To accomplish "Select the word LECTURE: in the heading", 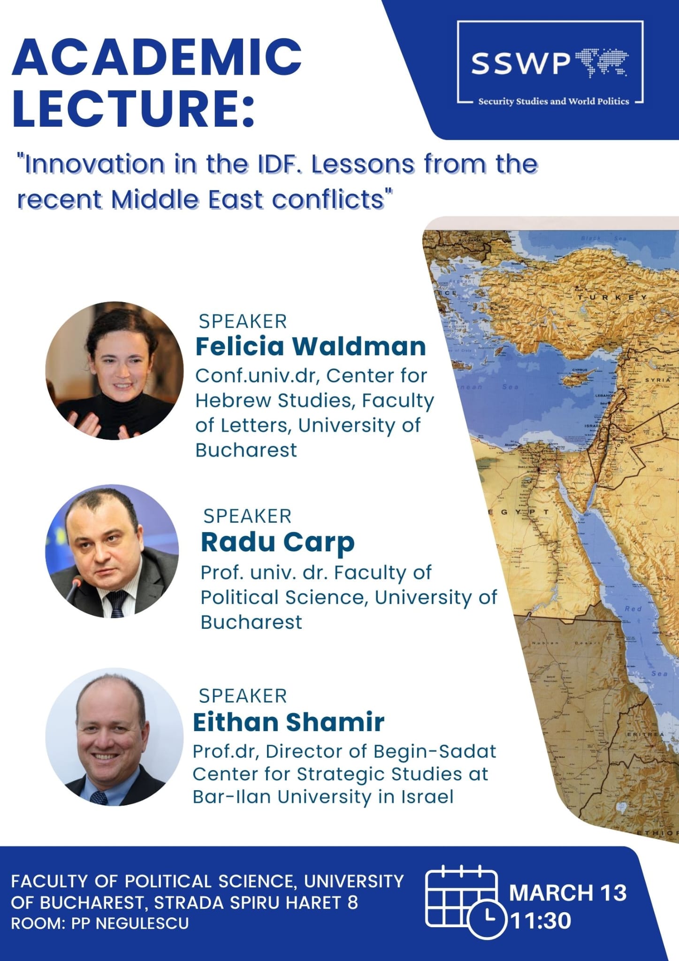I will [134, 109].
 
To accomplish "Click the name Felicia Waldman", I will [310, 346].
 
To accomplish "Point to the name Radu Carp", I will [277, 542].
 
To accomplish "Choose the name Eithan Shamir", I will [289, 722].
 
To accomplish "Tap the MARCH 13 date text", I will [568, 892].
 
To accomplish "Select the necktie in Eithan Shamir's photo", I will [99, 798].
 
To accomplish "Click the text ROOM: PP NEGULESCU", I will [99, 923].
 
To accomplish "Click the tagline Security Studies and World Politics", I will [553, 101].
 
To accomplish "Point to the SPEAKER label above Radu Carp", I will [247, 516].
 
